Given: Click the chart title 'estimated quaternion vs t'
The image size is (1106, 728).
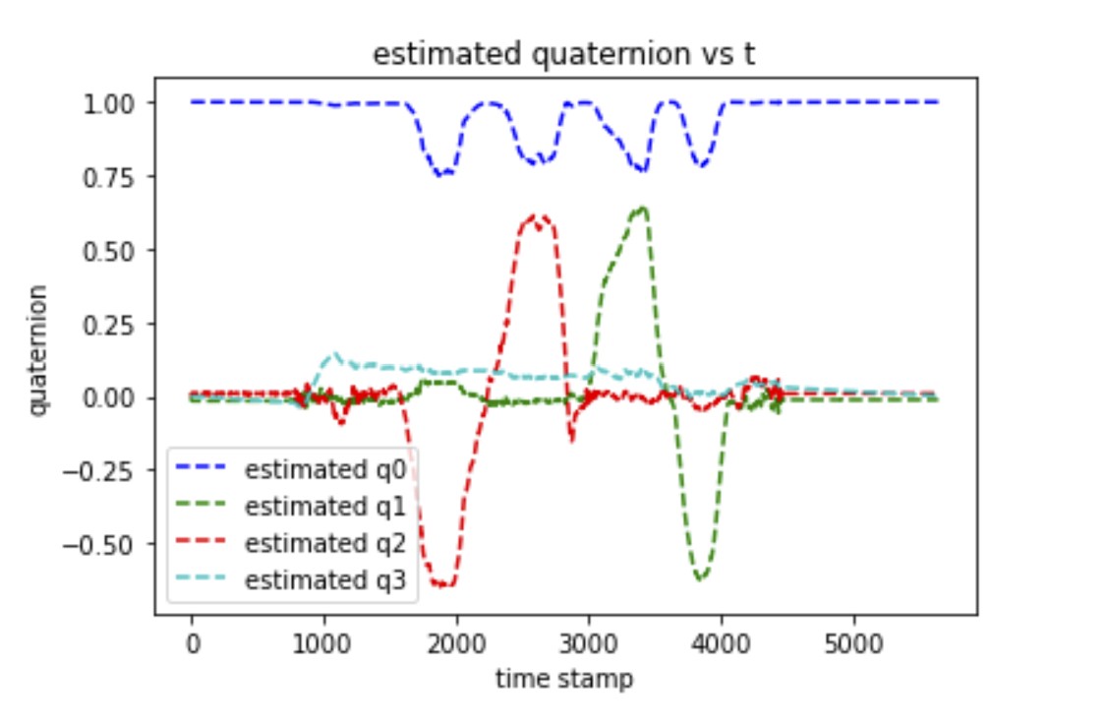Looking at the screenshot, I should tap(563, 56).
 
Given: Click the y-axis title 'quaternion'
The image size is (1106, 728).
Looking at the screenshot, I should tap(37, 350).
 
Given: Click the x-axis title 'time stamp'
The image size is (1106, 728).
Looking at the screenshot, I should tap(564, 678).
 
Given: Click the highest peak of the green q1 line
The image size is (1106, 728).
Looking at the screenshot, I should tap(643, 208).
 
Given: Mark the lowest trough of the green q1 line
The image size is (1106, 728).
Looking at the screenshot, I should tap(700, 579).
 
